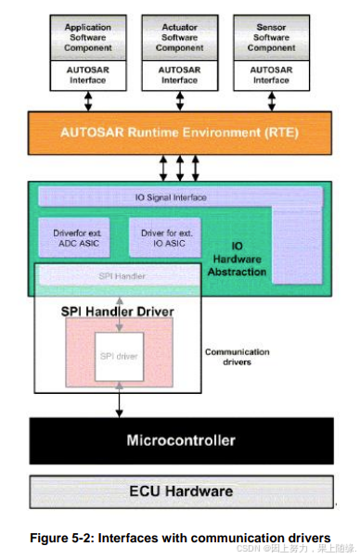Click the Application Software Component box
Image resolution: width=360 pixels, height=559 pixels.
point(88,37)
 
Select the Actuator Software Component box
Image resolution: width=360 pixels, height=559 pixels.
point(180,37)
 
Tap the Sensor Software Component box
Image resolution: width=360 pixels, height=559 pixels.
point(271,37)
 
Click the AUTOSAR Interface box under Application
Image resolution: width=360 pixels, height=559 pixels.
point(88,75)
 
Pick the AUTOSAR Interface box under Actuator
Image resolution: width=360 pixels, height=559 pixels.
point(180,75)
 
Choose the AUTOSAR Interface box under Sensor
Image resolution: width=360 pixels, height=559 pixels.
point(271,75)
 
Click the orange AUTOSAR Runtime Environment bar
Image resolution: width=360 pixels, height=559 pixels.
point(180,132)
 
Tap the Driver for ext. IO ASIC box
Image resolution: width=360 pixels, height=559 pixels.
point(165,238)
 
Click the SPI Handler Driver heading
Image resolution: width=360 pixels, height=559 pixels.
point(117,311)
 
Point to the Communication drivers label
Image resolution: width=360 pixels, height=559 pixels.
point(237,357)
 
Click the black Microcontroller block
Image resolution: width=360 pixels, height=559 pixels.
point(180,440)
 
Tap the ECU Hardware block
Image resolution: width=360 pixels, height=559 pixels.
point(180,490)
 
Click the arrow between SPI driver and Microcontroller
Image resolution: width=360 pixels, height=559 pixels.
point(118,400)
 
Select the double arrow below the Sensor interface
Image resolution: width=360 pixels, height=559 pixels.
point(271,100)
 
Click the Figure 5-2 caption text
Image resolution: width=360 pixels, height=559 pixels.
point(180,538)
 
